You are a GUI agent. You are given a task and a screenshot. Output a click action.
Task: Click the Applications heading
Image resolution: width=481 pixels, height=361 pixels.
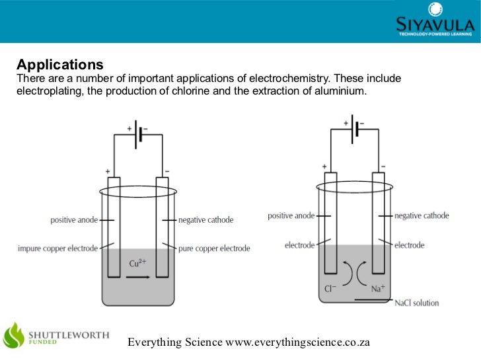(x=60, y=65)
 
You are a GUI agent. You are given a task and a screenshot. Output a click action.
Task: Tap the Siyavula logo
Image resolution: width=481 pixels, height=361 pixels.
(x=435, y=20)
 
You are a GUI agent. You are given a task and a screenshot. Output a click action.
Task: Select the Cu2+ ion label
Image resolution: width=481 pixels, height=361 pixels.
(x=137, y=263)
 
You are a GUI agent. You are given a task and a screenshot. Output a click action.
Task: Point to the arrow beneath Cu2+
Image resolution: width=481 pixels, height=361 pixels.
(x=137, y=278)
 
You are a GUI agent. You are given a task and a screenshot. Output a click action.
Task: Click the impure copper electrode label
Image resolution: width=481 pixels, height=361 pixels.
(x=58, y=249)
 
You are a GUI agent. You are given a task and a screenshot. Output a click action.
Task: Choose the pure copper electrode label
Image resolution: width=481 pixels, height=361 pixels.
(x=214, y=249)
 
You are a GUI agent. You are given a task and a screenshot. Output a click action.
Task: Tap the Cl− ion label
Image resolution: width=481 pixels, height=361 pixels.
(x=331, y=289)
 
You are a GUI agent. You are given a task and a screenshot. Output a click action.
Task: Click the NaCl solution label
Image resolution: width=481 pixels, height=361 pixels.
(x=416, y=303)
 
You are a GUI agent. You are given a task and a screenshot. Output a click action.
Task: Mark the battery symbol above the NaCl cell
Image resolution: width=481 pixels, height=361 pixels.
(x=354, y=128)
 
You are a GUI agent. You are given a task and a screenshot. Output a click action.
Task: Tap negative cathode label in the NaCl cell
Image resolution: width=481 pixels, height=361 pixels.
(x=422, y=216)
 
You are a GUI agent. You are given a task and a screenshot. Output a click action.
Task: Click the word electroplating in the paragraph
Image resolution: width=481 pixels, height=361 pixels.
(x=49, y=91)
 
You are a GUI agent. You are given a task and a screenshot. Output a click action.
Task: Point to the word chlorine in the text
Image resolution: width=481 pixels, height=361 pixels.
(x=205, y=91)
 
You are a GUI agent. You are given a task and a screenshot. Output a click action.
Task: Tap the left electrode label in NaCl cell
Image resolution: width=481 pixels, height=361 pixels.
(x=300, y=245)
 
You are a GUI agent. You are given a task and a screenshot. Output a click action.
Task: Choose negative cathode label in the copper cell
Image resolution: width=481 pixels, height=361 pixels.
(x=205, y=220)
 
